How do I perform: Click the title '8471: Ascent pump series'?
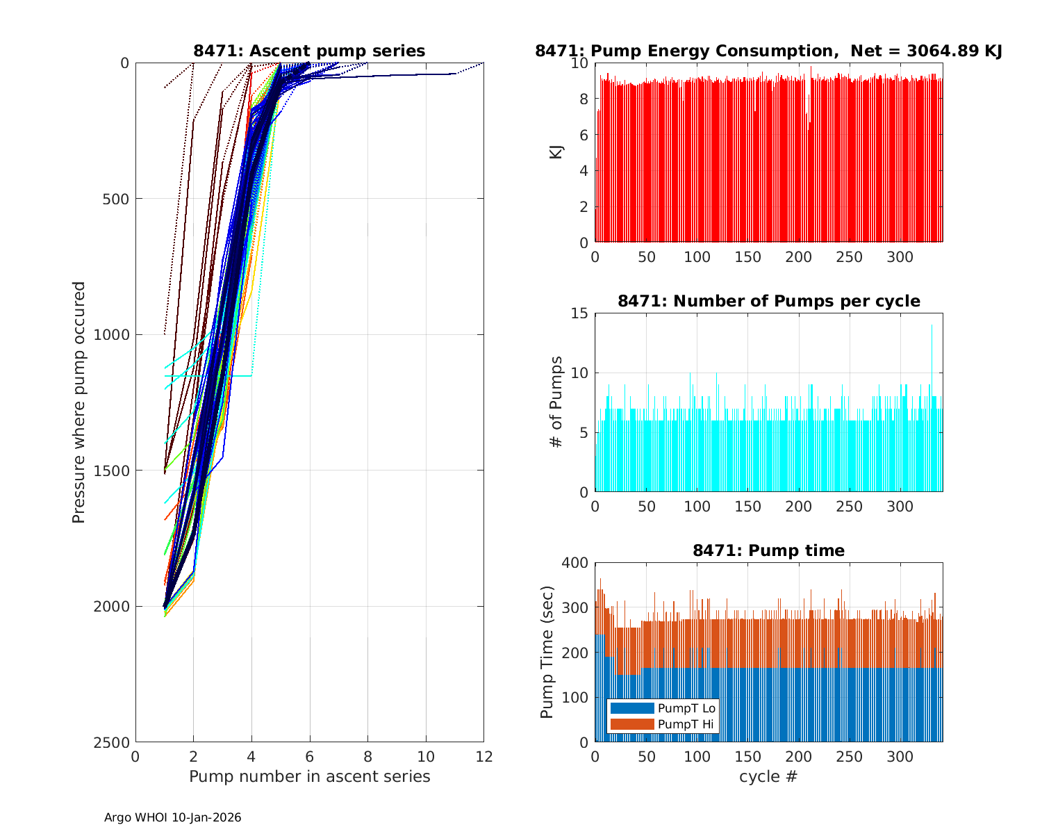point(309,51)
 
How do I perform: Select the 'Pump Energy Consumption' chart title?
point(768,51)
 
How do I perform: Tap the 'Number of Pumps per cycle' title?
point(768,301)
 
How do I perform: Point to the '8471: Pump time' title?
point(768,550)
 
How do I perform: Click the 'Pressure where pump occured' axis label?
point(78,402)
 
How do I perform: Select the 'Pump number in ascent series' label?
point(309,776)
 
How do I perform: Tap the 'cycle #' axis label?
point(768,776)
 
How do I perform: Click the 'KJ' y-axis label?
point(556,152)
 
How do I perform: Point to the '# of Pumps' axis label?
point(556,402)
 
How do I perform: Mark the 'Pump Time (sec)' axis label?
point(547,652)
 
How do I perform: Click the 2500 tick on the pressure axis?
point(115,742)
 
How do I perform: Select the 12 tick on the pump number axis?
point(483,756)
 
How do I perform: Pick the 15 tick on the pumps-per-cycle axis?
point(580,313)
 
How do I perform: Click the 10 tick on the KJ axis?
point(580,63)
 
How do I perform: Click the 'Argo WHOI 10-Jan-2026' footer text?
point(172,817)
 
